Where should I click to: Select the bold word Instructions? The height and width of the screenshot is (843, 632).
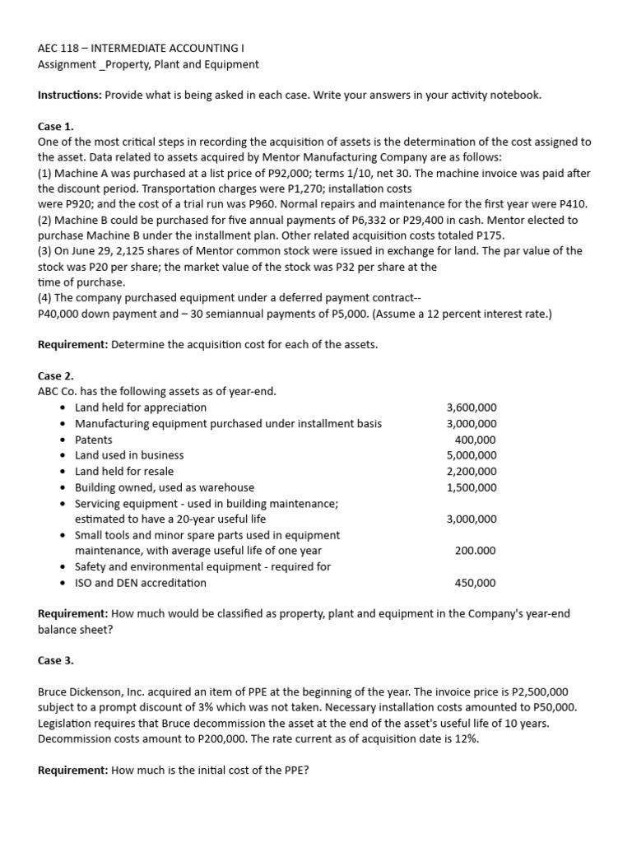coord(70,95)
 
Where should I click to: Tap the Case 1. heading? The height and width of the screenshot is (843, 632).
coord(56,126)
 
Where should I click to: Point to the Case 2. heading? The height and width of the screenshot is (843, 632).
coord(56,375)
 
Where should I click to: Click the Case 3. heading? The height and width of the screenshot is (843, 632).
coord(56,660)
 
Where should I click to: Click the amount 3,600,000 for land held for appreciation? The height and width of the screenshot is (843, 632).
coord(471,408)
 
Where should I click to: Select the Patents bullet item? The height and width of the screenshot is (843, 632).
coord(94,440)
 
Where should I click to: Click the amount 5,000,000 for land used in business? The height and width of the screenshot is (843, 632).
coord(471,455)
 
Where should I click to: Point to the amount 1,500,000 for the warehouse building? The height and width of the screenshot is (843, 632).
coord(471,487)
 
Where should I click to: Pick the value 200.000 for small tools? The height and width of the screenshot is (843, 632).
coord(476,551)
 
